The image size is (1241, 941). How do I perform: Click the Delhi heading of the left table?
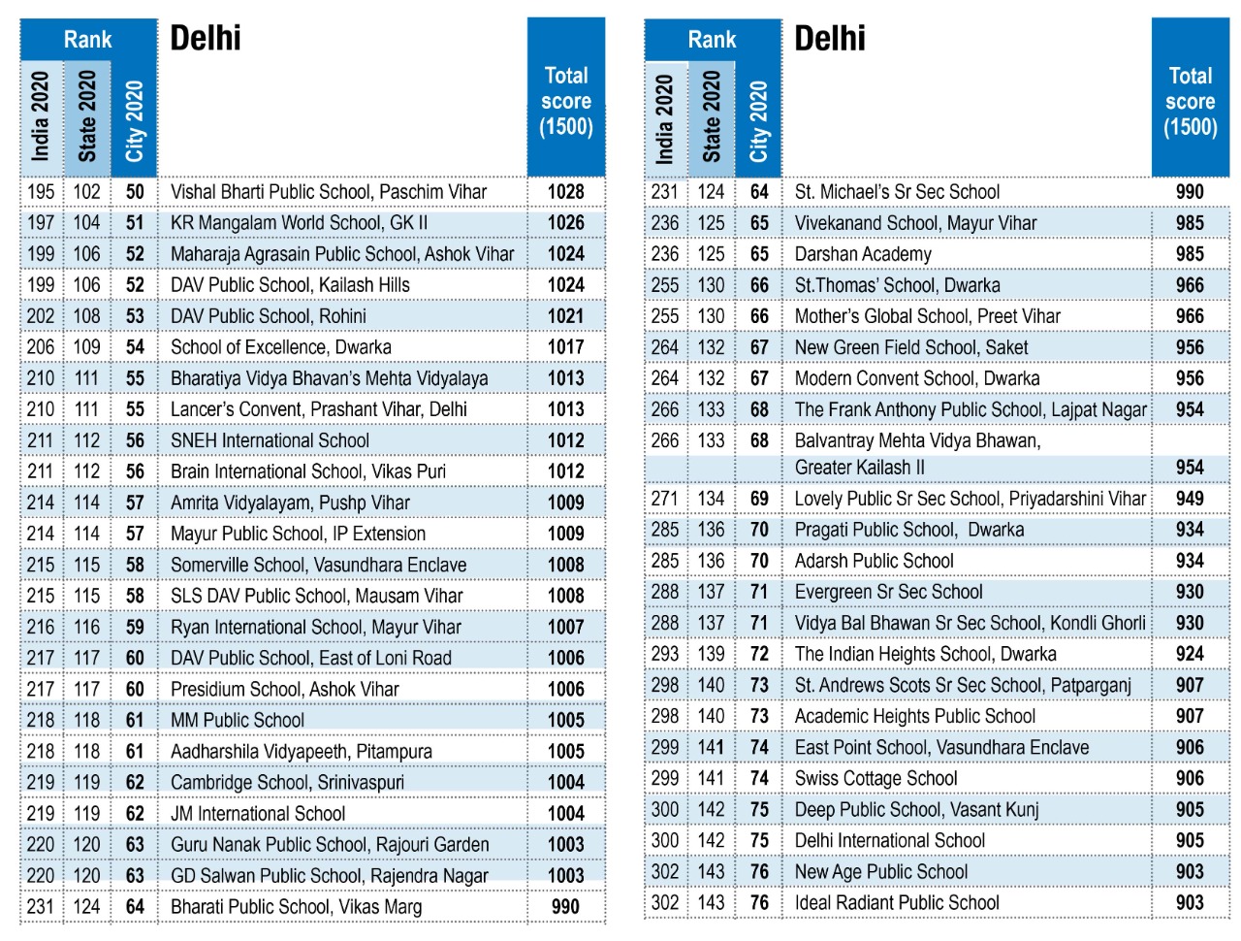coord(206,39)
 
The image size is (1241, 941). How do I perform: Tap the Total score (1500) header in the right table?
coord(1190,101)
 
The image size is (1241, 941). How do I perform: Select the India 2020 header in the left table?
coord(41,116)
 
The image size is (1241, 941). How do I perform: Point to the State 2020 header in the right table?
coord(711,116)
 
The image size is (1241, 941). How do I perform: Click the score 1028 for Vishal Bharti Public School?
coord(565,192)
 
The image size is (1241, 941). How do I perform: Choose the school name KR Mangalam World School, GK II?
coord(299,223)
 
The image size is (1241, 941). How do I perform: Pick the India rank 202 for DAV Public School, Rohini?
coord(41,316)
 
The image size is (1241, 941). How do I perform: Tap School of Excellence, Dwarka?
coord(280,347)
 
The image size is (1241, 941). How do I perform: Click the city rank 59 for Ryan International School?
coord(135,627)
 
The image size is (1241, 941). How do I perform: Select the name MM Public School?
coord(238,720)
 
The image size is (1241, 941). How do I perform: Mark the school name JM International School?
coord(258,813)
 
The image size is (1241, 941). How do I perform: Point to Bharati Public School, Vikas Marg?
coord(297,906)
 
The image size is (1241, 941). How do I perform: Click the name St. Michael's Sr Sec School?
coord(897,192)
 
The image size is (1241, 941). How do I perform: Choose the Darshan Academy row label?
coord(863,254)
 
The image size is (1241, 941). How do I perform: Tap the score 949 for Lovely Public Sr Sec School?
coord(1190,499)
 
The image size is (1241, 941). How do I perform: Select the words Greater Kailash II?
coord(859,468)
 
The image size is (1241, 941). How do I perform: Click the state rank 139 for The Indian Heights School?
coord(711,654)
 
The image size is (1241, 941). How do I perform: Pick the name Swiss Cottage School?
coord(875,779)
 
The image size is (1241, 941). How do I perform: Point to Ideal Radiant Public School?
coord(897,903)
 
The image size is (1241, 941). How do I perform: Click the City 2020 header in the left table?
coord(135,121)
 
